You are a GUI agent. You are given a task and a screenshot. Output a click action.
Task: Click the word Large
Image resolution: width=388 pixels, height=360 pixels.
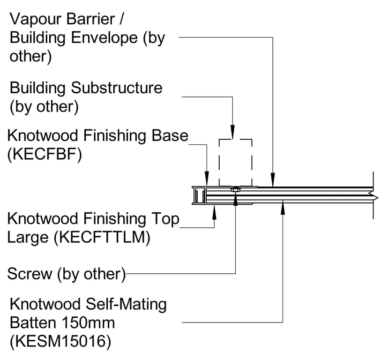point(28,238)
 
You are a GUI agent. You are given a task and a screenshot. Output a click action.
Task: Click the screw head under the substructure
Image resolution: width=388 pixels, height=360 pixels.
point(235,190)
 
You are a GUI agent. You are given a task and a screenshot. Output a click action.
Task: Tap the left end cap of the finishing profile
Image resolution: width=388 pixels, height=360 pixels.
point(197,195)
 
